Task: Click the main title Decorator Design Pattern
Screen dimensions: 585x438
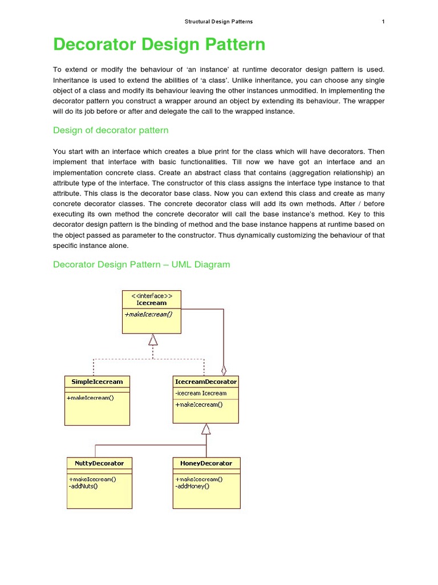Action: (159, 45)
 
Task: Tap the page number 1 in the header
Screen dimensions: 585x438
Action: (383, 22)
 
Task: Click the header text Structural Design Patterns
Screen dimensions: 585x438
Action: (218, 22)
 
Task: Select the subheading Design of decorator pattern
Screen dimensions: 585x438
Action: (111, 130)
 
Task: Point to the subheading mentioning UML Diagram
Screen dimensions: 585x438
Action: (141, 265)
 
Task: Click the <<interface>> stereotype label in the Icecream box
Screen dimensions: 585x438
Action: (152, 295)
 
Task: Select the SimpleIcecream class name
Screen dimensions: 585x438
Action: (97, 381)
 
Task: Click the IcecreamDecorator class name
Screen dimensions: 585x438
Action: (205, 381)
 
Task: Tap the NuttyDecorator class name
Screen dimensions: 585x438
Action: (99, 463)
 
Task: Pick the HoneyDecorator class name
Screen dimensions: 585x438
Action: (206, 463)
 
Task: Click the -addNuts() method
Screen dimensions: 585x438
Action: (84, 487)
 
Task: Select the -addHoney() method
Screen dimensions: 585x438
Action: (192, 487)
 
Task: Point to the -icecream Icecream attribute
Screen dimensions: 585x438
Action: (201, 393)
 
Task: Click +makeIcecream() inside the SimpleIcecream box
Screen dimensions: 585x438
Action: (90, 398)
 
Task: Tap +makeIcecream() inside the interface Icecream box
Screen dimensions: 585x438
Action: (148, 314)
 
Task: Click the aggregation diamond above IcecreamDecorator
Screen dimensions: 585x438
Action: (224, 370)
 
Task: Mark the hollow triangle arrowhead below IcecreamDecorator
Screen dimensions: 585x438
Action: (206, 429)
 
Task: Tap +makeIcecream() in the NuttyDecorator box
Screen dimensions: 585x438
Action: (92, 479)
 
